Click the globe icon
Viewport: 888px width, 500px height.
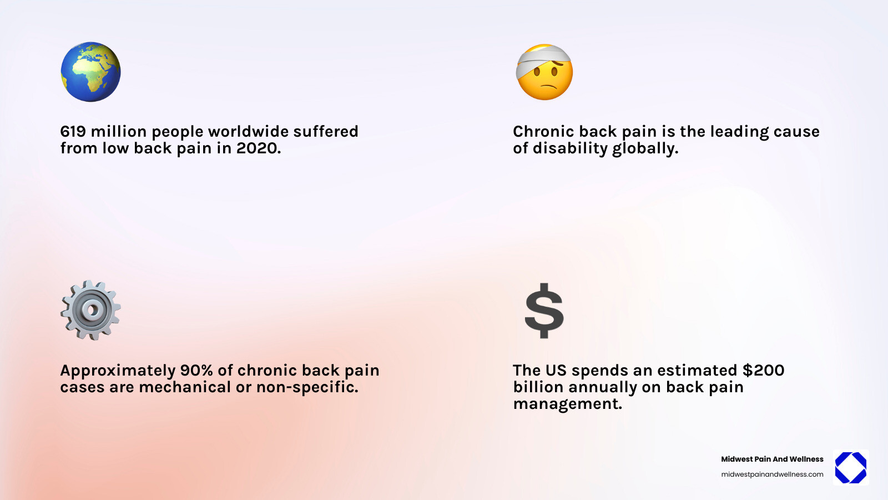click(x=90, y=72)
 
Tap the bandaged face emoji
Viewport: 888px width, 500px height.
click(x=544, y=73)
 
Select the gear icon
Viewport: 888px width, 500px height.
click(x=90, y=310)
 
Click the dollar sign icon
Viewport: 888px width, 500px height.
click(x=544, y=311)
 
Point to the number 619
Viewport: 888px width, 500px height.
click(x=73, y=132)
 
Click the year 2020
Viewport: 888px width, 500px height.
click(x=258, y=148)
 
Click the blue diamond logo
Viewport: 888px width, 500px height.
click(x=850, y=468)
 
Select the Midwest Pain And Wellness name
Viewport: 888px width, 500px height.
click(x=772, y=459)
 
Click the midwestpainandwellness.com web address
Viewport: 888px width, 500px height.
click(x=772, y=474)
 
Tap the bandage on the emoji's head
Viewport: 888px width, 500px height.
click(x=541, y=59)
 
